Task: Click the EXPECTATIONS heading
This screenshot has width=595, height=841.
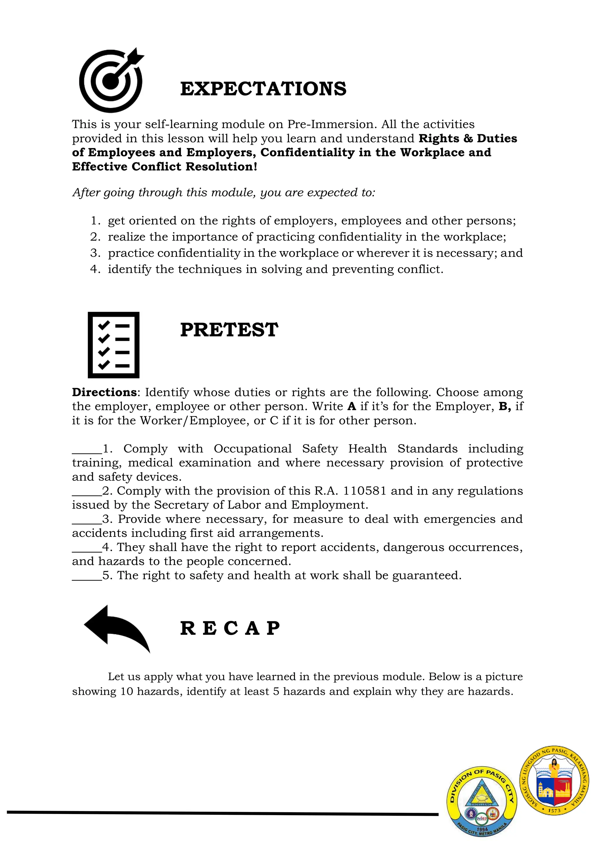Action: (x=263, y=89)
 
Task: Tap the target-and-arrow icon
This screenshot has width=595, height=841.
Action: (x=111, y=80)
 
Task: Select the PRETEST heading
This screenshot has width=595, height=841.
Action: (x=229, y=330)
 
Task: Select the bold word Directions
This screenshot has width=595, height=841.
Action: (x=104, y=392)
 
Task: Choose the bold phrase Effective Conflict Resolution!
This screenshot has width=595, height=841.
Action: (x=164, y=167)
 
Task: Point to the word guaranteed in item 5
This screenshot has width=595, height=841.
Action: (x=426, y=576)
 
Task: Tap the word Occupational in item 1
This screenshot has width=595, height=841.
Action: (x=252, y=449)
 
